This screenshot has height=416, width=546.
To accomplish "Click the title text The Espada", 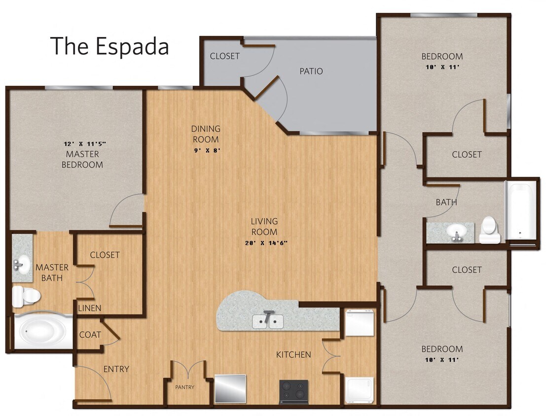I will point(109,46).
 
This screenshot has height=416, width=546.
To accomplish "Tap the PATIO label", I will point(311,71).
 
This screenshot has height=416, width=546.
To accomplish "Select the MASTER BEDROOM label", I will point(82,159).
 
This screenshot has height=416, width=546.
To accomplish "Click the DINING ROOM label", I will point(205,134).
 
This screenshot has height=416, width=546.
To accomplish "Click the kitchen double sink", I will point(268,321).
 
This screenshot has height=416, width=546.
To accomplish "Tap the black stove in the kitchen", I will point(293,392).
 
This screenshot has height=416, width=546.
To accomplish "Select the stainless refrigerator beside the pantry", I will point(230,388).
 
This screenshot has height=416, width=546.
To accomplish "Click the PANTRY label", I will point(185,387).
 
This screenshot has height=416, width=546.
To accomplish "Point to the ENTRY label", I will point(116,369).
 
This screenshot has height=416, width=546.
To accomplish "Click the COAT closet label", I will point(90,335).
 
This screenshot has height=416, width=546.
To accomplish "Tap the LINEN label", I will point(90,308).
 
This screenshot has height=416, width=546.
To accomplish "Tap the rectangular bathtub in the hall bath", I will point(520,213).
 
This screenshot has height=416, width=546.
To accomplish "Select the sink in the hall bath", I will point(456,232).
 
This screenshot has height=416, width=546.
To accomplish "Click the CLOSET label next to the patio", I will point(224,56).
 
